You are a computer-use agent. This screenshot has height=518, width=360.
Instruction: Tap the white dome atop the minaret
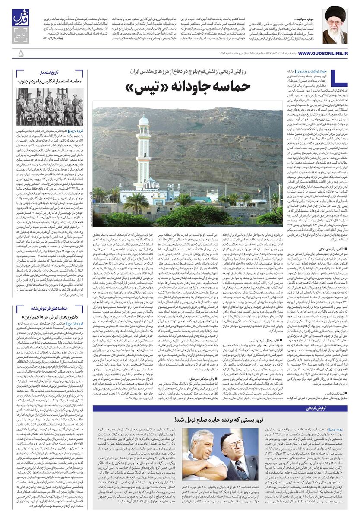(x=144, y=120)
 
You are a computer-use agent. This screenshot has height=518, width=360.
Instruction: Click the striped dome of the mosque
(x=151, y=184)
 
